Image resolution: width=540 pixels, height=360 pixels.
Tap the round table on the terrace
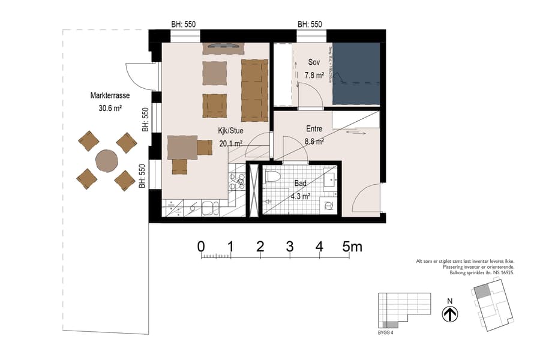107,161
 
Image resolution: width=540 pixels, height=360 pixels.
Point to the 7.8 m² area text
314,76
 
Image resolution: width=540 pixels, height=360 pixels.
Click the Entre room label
314,129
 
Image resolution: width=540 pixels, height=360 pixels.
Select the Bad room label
301,185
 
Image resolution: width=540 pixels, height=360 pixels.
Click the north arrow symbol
450,314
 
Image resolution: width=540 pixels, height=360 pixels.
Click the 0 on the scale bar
200,246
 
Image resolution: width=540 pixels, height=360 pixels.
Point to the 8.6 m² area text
314,142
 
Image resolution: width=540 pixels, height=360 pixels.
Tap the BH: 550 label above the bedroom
310,25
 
